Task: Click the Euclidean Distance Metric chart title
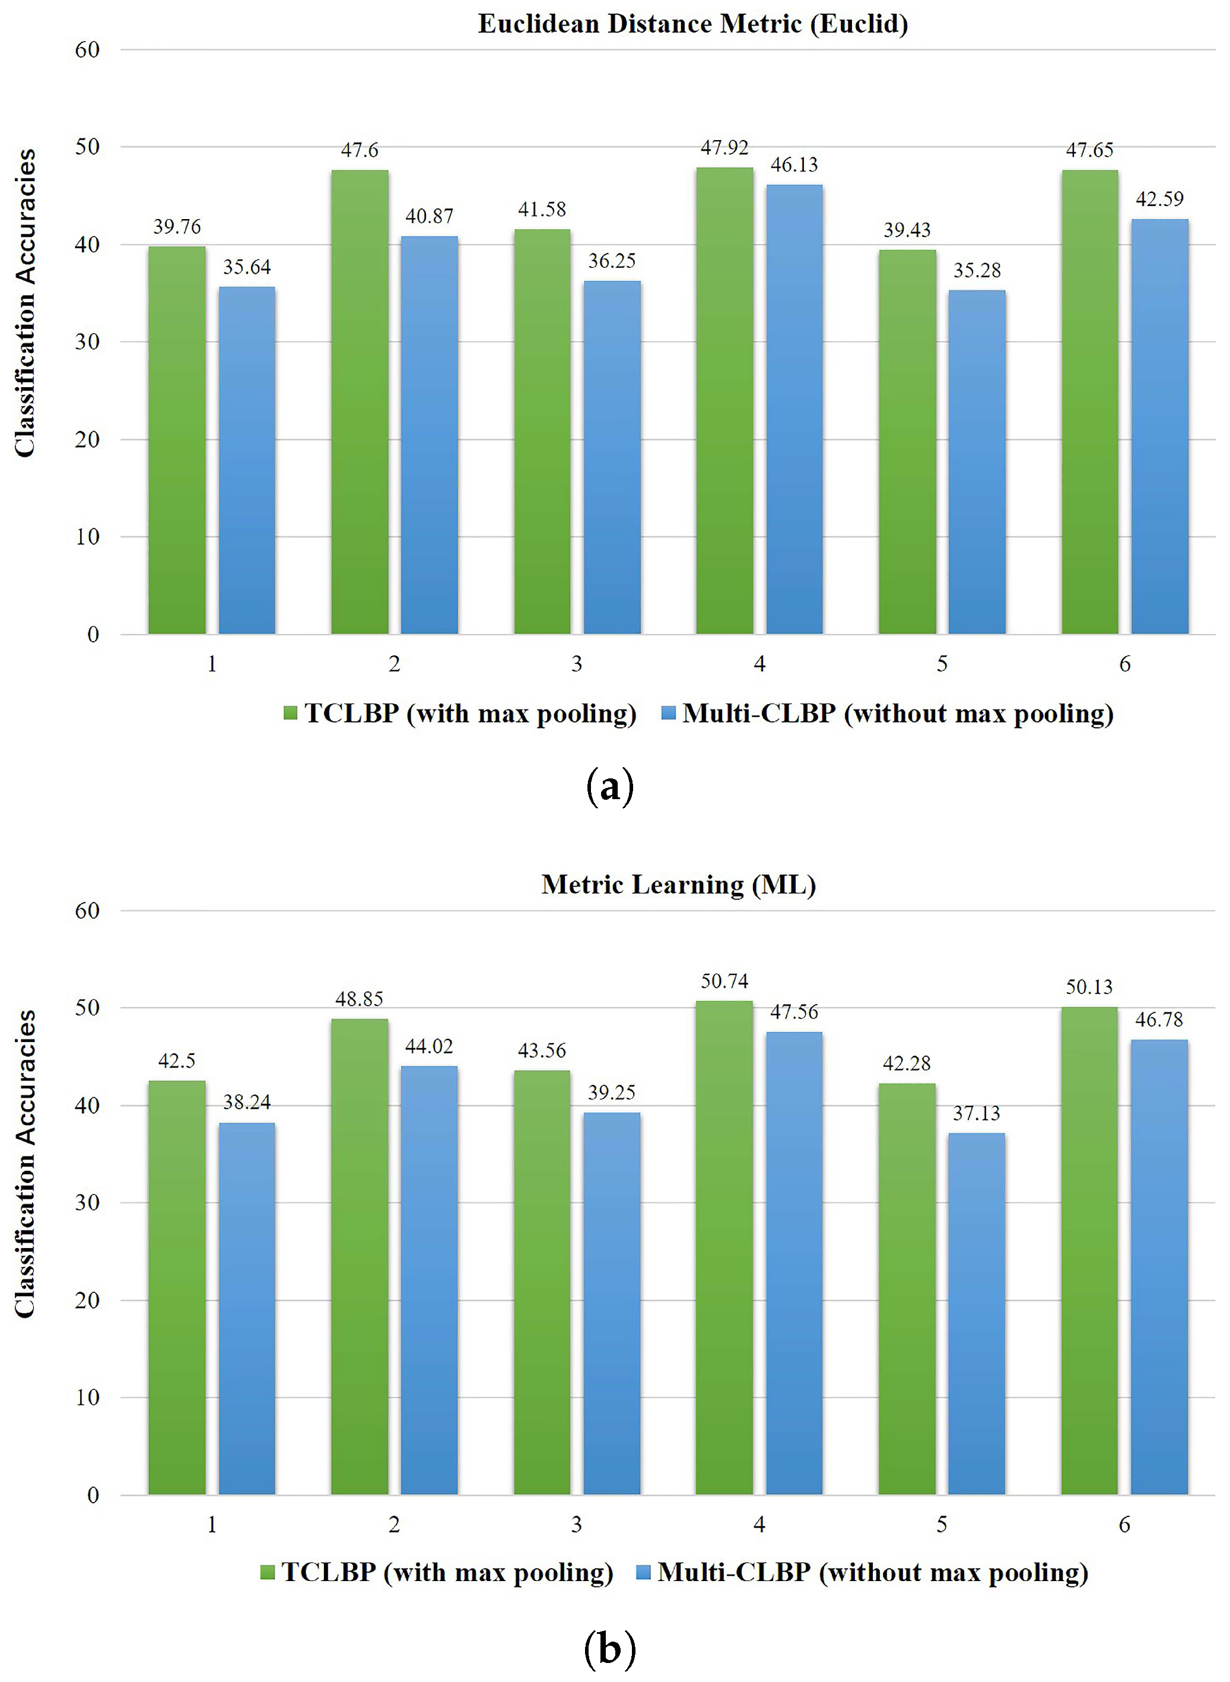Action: pos(692,24)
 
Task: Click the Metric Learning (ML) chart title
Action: pos(678,884)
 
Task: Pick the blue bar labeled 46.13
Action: pos(794,409)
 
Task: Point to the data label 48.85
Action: pos(359,999)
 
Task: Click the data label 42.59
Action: pos(1159,199)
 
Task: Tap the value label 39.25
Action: pos(611,1092)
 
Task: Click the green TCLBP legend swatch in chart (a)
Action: pos(290,714)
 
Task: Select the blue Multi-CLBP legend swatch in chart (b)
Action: pos(644,1572)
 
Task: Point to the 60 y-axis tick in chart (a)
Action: pos(87,50)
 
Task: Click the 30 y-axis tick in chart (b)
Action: pos(87,1202)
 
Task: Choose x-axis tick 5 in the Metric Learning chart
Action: pos(942,1524)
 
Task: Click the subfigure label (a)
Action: pos(610,787)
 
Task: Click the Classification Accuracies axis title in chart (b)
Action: pos(26,1164)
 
